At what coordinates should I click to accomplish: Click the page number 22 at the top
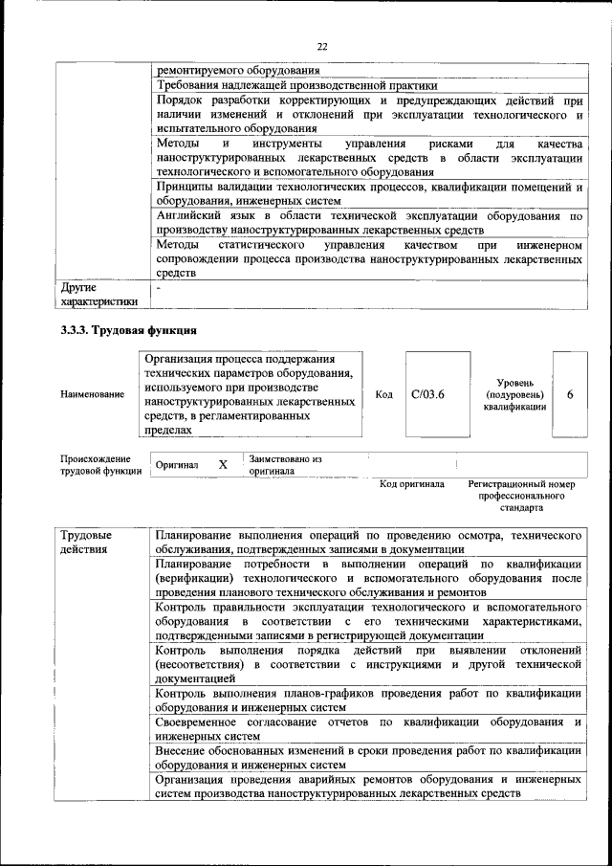[321, 46]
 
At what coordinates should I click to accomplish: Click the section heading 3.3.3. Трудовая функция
[128, 331]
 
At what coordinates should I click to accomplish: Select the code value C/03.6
[428, 394]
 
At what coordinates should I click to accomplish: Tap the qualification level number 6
[570, 394]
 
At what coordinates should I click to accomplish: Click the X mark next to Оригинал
[223, 464]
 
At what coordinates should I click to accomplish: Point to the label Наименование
[92, 394]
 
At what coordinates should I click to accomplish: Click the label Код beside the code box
[384, 394]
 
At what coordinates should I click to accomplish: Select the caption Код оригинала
[411, 484]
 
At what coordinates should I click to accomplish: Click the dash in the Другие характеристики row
[159, 286]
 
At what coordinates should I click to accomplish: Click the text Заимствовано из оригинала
[285, 465]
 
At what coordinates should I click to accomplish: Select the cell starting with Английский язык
[369, 224]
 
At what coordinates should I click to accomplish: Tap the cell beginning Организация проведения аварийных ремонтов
[369, 788]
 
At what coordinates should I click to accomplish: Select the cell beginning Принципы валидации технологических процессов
[369, 193]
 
